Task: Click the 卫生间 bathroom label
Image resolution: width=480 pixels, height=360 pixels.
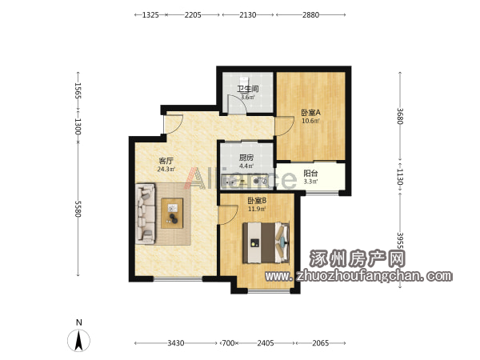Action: tap(248, 89)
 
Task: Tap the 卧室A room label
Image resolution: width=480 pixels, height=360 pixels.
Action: tap(310, 112)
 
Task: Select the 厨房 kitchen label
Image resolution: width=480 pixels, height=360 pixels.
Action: tap(246, 158)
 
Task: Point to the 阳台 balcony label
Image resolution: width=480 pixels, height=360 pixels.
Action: tap(310, 174)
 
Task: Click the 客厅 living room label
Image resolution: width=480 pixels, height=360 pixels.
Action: tap(166, 161)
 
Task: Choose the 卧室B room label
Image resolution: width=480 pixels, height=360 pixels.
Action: tap(257, 201)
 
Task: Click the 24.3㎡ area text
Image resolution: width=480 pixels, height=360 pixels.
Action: tap(166, 169)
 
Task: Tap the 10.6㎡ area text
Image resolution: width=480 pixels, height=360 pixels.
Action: tap(310, 121)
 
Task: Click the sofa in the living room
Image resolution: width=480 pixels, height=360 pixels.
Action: tap(146, 214)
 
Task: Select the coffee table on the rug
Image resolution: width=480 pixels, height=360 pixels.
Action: tap(172, 213)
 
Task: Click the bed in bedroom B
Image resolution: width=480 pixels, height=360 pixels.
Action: tap(266, 242)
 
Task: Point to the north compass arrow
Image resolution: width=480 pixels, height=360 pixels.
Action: tap(79, 341)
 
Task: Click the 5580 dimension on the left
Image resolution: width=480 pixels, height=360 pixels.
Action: tap(78, 209)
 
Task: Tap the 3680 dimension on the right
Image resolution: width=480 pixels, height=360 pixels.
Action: tap(400, 116)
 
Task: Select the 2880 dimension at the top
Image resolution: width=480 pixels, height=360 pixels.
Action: tap(310, 14)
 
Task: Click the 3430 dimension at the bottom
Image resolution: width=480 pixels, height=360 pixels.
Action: tap(176, 343)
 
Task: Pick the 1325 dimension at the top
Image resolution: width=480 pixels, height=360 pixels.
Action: tap(150, 14)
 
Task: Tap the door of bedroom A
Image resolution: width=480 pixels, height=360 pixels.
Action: tap(284, 126)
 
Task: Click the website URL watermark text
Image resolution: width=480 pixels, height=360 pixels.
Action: tap(358, 276)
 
